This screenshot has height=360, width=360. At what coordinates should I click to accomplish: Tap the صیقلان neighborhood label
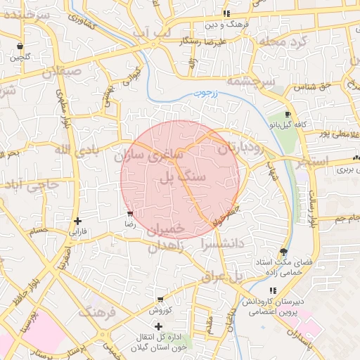[x=62, y=72]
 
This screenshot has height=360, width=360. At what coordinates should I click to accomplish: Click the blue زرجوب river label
[x=205, y=91]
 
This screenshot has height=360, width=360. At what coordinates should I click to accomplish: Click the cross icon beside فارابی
[x=78, y=221]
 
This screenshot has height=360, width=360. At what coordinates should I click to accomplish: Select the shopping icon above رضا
[x=130, y=214]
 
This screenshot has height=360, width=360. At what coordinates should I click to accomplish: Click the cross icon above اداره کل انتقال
[x=158, y=326]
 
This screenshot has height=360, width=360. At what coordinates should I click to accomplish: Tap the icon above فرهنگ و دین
[x=226, y=13]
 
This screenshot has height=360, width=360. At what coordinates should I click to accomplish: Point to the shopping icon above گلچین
[x=20, y=47]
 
